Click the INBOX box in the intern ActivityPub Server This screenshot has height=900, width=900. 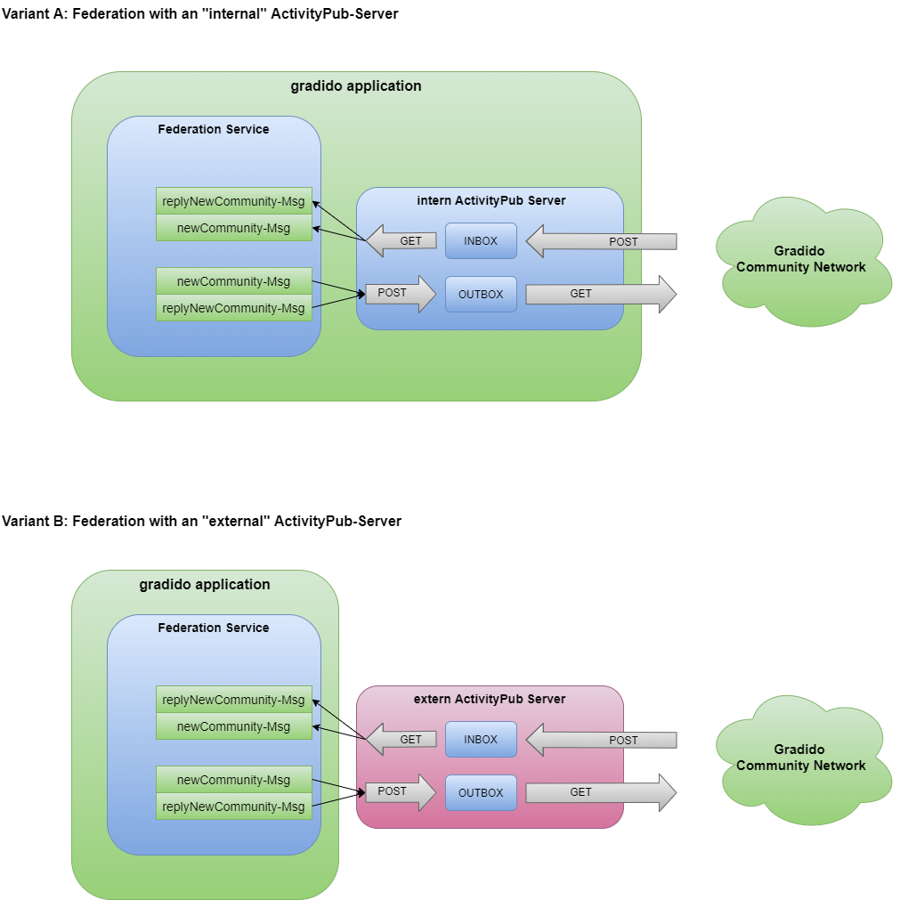click(481, 241)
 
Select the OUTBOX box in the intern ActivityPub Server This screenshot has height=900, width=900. click(481, 295)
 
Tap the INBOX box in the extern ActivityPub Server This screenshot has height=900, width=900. click(481, 740)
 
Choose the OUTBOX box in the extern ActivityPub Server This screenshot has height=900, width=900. click(481, 793)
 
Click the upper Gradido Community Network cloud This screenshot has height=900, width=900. click(800, 259)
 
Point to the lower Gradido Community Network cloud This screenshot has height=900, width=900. click(800, 758)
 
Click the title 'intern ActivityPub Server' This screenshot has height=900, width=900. click(491, 200)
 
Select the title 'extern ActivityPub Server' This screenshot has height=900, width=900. click(490, 699)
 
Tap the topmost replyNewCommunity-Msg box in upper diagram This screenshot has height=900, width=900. click(233, 201)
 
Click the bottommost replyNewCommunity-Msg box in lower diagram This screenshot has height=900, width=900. click(233, 807)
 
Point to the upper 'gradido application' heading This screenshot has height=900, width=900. click(356, 86)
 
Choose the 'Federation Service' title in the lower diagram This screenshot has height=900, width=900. click(214, 628)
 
